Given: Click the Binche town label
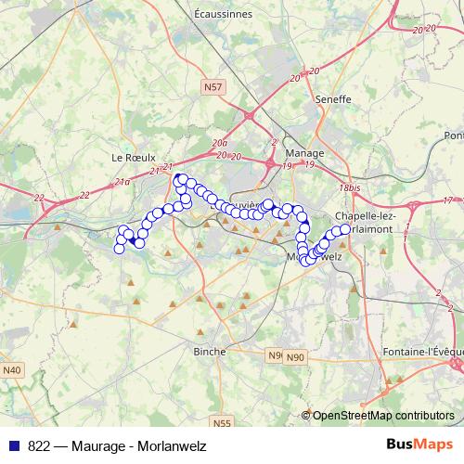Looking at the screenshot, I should (x=210, y=352).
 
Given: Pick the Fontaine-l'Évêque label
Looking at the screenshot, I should (x=422, y=352).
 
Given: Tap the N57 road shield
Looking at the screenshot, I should (x=213, y=86).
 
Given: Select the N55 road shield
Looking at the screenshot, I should (x=221, y=423).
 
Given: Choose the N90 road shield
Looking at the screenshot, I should (x=294, y=357).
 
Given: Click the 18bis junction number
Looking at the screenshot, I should (x=349, y=187).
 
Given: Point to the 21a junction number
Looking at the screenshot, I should (x=123, y=182).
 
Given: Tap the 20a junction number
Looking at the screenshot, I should (x=219, y=144).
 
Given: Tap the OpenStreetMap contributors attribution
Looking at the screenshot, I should (x=382, y=416).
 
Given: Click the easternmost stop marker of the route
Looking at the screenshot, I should (x=345, y=228).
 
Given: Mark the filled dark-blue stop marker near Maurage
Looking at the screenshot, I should (x=132, y=241).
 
